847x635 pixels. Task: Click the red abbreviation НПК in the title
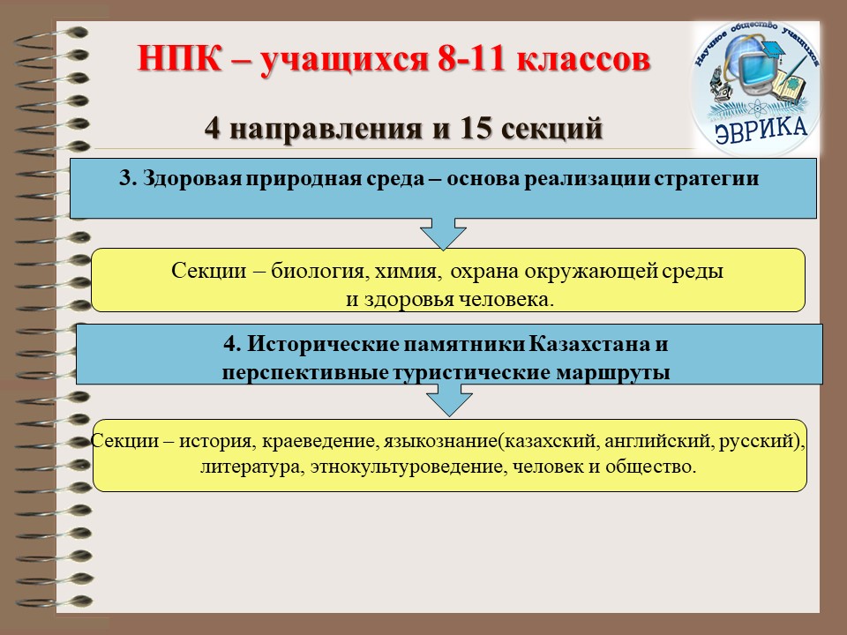tap(180, 59)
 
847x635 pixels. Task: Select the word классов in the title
tap(583, 59)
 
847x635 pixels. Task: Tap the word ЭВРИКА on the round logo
tap(761, 131)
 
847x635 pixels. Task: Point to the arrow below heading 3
tap(443, 233)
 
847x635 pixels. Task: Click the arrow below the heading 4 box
tap(449, 399)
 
